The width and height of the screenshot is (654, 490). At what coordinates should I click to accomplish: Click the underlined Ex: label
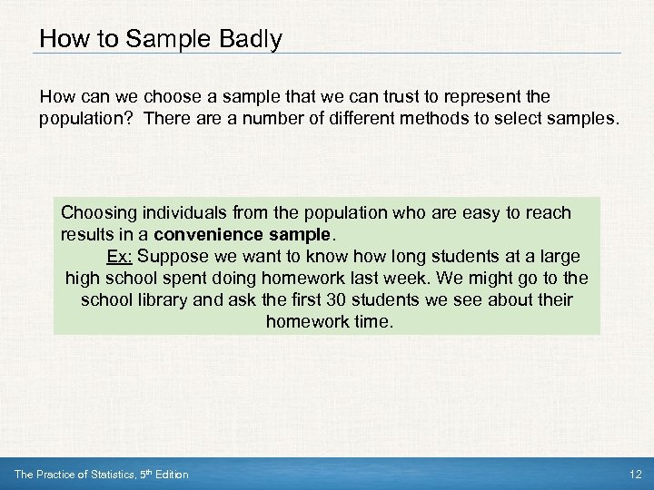118,256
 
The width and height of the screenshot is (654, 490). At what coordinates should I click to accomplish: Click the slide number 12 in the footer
635,475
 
